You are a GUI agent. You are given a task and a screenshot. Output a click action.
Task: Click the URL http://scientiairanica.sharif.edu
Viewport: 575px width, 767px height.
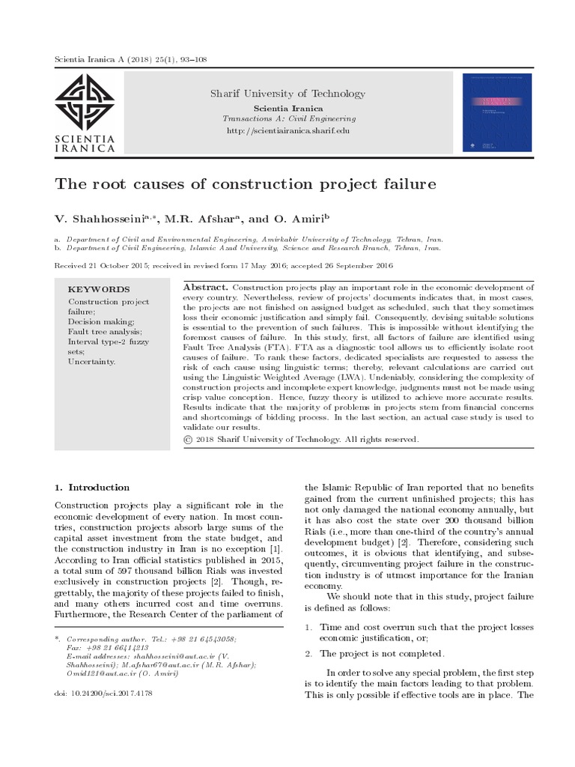pyautogui.click(x=287, y=130)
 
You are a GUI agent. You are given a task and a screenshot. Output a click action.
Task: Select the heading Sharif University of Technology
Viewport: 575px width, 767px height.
pyautogui.click(x=287, y=94)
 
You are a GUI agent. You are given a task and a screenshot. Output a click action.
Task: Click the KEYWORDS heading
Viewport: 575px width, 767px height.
pyautogui.click(x=99, y=289)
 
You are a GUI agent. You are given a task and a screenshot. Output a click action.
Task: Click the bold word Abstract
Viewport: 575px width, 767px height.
pyautogui.click(x=206, y=288)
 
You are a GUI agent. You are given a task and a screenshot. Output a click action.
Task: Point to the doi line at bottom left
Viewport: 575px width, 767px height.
pyautogui.click(x=104, y=694)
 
